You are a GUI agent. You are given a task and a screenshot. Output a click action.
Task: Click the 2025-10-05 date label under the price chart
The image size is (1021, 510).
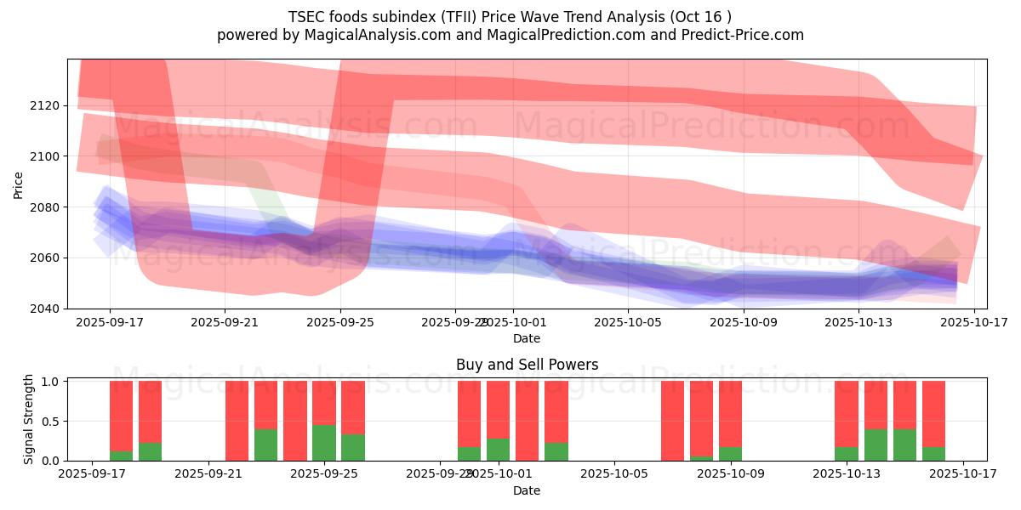pos(628,323)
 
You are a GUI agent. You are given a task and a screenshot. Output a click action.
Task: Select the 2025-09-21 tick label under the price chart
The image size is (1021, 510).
pos(225,323)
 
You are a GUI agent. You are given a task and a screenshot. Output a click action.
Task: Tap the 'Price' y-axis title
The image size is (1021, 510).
pos(19,184)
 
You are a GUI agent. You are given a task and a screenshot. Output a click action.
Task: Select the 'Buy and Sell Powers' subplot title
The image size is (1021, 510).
pos(527,365)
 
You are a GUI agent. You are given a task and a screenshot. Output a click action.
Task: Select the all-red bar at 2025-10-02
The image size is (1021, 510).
pos(527,421)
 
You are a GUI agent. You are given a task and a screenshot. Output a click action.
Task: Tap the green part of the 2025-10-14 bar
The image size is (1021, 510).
pos(876,445)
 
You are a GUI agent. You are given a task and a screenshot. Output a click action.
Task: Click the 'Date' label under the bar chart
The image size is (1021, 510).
pos(527,490)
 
